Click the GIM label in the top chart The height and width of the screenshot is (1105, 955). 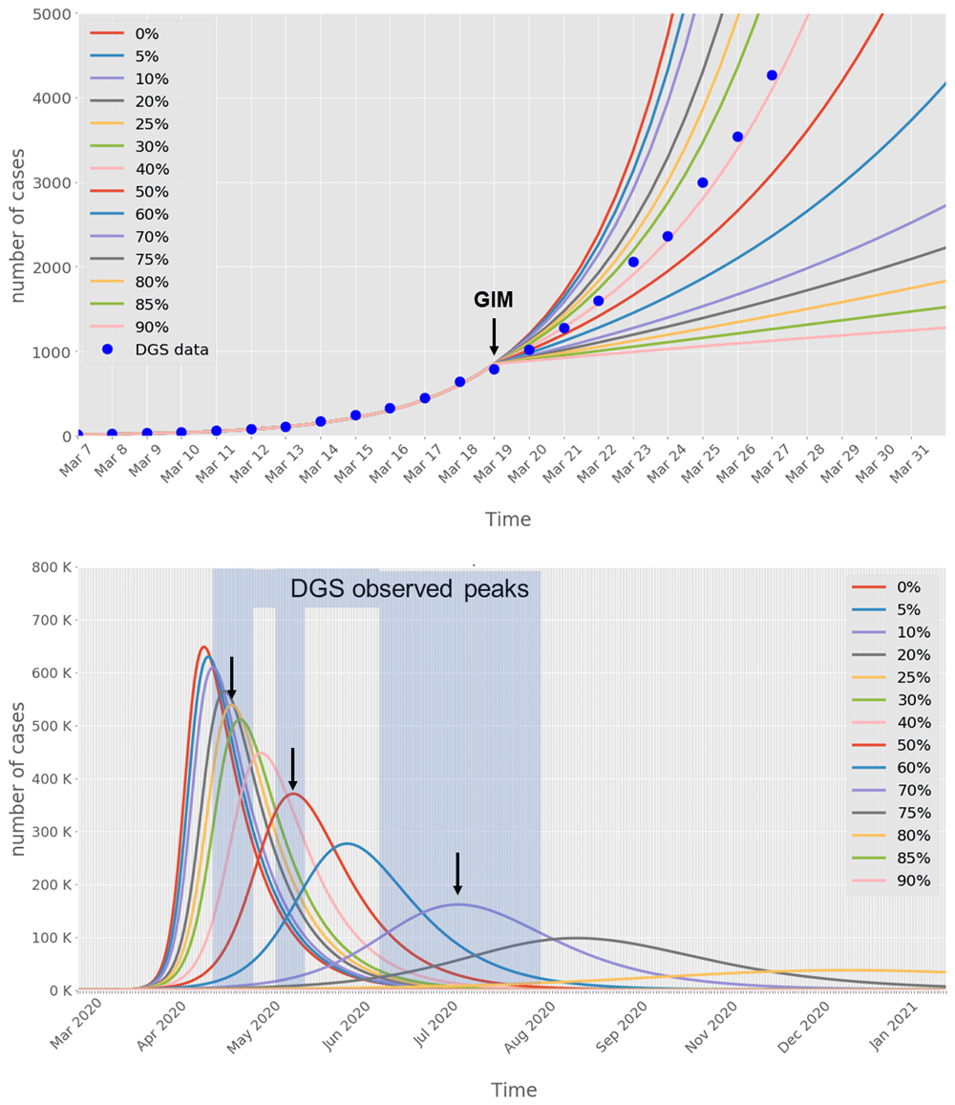pos(494,301)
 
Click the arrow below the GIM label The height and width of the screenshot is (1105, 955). pos(494,336)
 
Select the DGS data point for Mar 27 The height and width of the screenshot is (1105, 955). pos(772,75)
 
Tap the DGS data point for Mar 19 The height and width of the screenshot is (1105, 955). pos(494,369)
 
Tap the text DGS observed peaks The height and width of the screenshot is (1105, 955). pos(410,590)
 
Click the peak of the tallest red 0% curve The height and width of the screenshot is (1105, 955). pos(203,648)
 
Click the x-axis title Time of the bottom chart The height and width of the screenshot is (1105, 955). pos(514,1090)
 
